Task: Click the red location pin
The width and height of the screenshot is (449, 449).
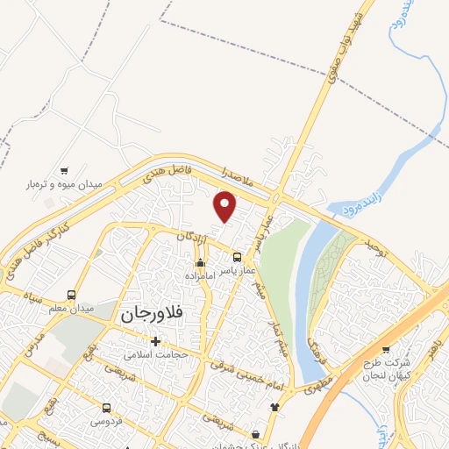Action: point(225,206)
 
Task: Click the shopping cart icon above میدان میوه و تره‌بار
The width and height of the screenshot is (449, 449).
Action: point(63,170)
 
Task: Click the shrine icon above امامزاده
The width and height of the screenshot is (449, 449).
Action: point(200,262)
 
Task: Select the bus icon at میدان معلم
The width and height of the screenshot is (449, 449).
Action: point(70,295)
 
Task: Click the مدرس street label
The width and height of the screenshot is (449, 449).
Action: point(33,347)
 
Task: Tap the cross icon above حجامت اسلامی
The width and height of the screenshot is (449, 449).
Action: point(156,341)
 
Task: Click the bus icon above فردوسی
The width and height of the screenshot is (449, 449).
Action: point(106,408)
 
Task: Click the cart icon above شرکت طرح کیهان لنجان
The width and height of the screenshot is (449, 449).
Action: point(385,349)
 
